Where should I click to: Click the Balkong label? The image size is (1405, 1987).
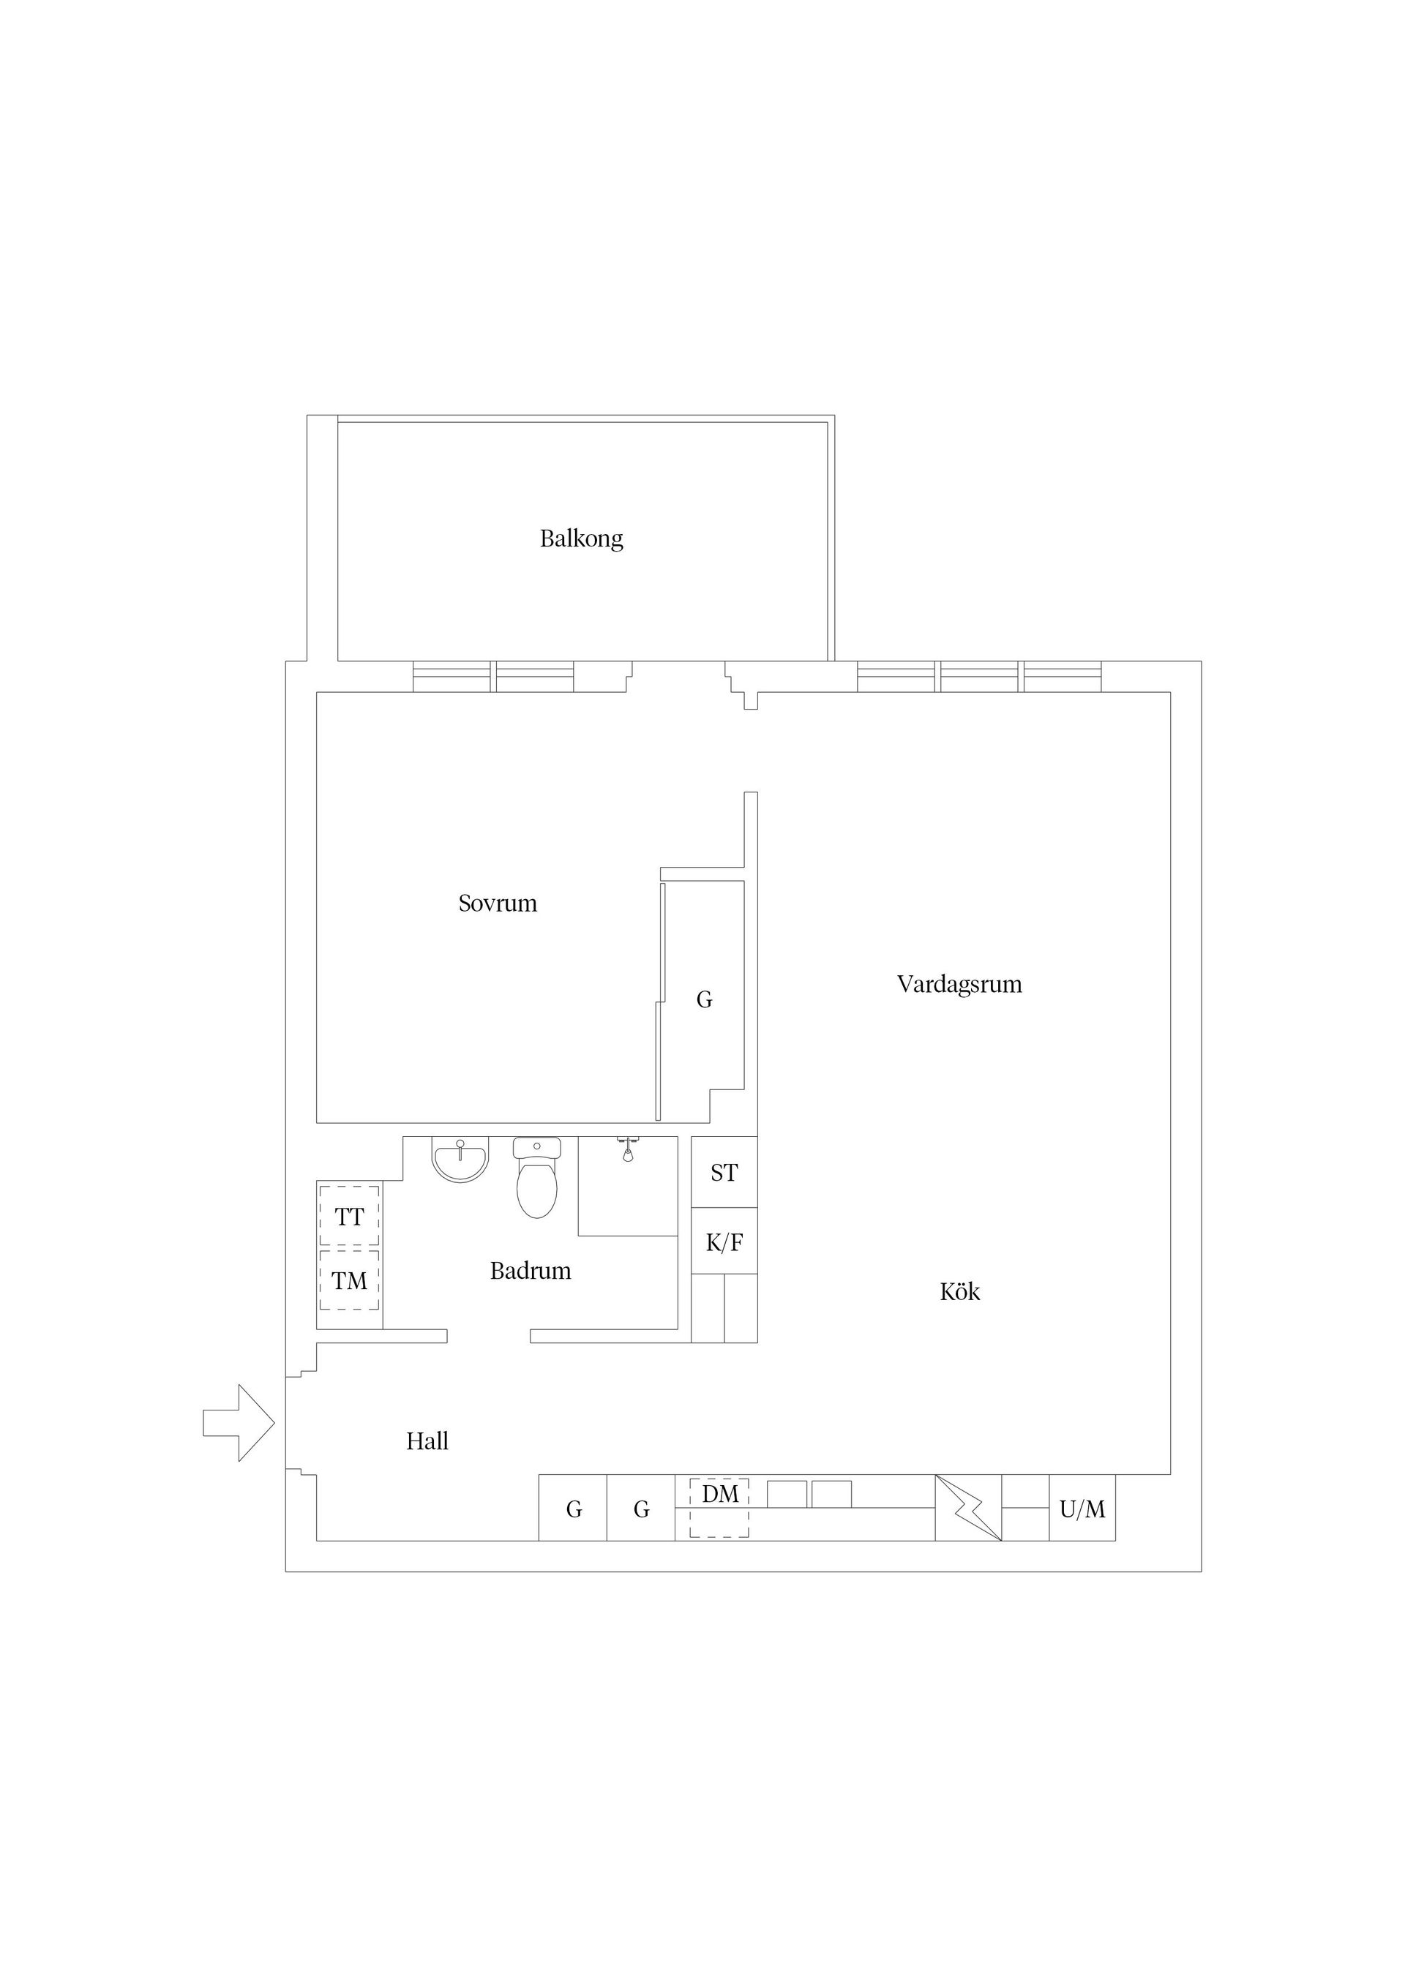click(581, 539)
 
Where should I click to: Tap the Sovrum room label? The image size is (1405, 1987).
click(498, 904)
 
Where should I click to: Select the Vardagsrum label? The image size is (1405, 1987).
click(959, 985)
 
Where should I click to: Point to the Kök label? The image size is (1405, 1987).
click(960, 1291)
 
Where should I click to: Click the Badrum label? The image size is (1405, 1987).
click(531, 1271)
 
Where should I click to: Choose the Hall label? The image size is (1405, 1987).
click(427, 1441)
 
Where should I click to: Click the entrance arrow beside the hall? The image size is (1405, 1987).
click(239, 1423)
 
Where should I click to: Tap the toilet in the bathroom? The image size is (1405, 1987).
click(536, 1177)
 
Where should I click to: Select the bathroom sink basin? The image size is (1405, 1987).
click(460, 1160)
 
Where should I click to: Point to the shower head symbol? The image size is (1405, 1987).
click(628, 1149)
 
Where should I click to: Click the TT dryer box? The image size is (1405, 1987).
click(349, 1216)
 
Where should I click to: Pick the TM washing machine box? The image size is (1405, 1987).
click(349, 1280)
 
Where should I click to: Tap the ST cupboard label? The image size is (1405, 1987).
click(724, 1173)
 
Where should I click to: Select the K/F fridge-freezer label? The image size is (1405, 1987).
click(724, 1243)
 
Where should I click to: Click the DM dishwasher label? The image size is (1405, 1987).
click(720, 1494)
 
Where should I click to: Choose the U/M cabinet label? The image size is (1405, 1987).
click(1082, 1509)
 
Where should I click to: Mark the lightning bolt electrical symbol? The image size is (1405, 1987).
click(969, 1508)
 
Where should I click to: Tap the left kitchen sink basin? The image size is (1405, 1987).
click(787, 1494)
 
